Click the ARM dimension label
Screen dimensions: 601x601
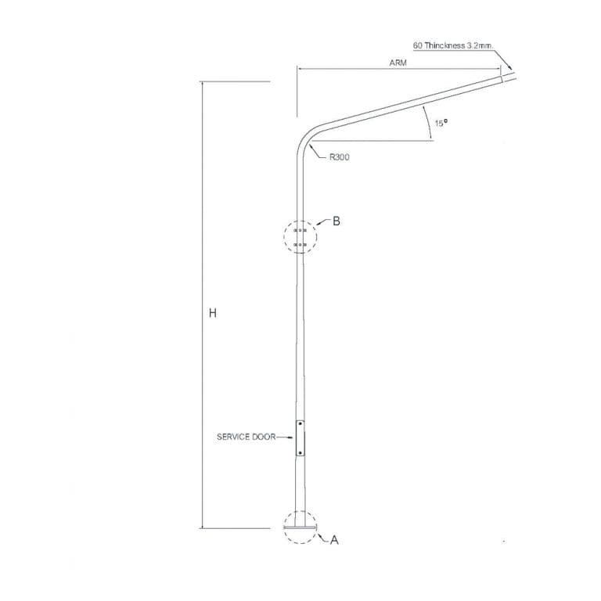[x=398, y=63]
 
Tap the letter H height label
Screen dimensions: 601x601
[x=213, y=313]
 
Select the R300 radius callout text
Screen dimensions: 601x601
[x=340, y=157]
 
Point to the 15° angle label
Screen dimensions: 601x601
[x=441, y=123]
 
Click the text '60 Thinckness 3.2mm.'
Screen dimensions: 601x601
[x=453, y=45]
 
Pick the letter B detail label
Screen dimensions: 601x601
[x=336, y=221]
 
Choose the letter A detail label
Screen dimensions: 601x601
[x=334, y=540]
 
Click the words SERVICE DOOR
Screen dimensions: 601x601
[x=246, y=437]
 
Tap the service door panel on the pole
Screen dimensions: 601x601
[x=300, y=438]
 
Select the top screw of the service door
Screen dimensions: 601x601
[x=300, y=424]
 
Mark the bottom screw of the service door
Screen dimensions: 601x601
[x=300, y=452]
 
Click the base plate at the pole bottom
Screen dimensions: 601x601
[x=300, y=527]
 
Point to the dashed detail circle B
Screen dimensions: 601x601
[x=300, y=237]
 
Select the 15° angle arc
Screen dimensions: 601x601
[x=429, y=123]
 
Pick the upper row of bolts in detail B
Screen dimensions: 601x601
[x=300, y=230]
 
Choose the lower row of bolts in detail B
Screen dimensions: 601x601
[x=300, y=244]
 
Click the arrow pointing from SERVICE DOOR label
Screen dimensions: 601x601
[x=286, y=437]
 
